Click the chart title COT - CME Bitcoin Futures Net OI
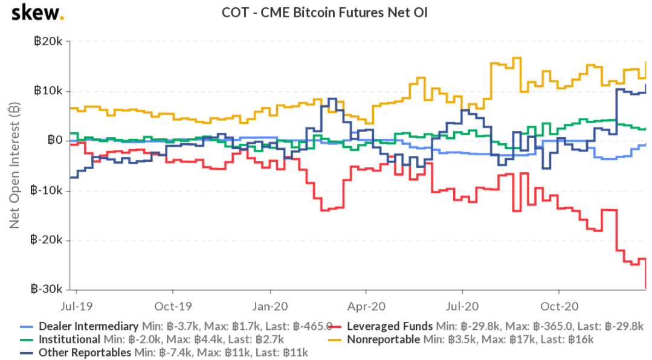pos(326,12)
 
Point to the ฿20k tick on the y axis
pos(48,42)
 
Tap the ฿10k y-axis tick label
pos(48,91)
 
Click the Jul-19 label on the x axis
pos(77,305)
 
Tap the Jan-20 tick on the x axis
pos(270,305)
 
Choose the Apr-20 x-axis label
pos(366,305)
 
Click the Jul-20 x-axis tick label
pos(462,305)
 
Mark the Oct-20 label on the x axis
pos(558,305)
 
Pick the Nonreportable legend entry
pos(383,339)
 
